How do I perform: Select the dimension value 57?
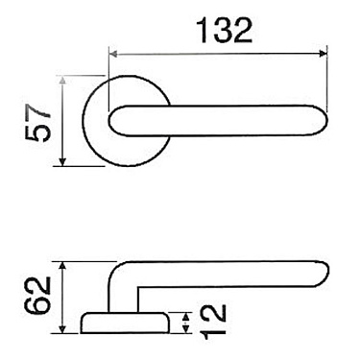click(36, 124)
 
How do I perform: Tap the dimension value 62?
click(36, 297)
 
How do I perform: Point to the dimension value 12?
click(213, 324)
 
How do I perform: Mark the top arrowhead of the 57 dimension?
click(62, 84)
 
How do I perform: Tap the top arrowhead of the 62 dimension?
click(62, 263)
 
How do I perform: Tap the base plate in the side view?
click(125, 321)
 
